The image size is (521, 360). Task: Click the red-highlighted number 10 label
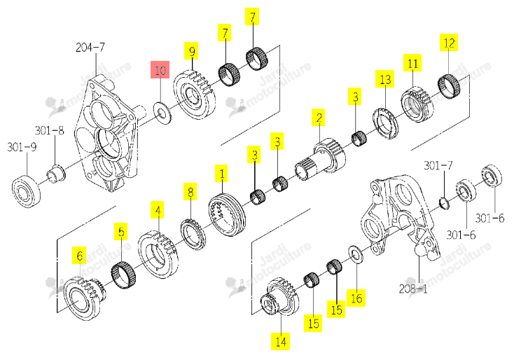pos(160,69)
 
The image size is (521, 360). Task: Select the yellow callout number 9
pos(191,51)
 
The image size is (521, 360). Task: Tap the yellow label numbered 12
pos(449,42)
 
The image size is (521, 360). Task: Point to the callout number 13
pos(384,78)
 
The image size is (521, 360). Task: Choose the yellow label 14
pos(280,341)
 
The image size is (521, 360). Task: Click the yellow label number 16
pos(356,298)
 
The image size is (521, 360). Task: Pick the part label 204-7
pos(90,47)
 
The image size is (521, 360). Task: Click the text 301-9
pos(22,146)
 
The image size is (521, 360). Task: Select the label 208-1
pos(413,289)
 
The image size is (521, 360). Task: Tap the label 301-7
pos(438,165)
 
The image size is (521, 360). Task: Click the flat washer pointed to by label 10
pos(162,113)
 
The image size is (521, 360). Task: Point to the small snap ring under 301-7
pos(444,203)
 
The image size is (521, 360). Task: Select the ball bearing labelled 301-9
pos(26,191)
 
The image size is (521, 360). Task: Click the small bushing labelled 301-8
pos(55,173)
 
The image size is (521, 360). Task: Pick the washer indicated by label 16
pos(356,254)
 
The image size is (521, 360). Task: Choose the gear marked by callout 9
pos(195,94)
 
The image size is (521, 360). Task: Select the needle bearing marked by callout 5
pos(123,275)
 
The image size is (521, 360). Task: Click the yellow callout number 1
pos(221,173)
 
